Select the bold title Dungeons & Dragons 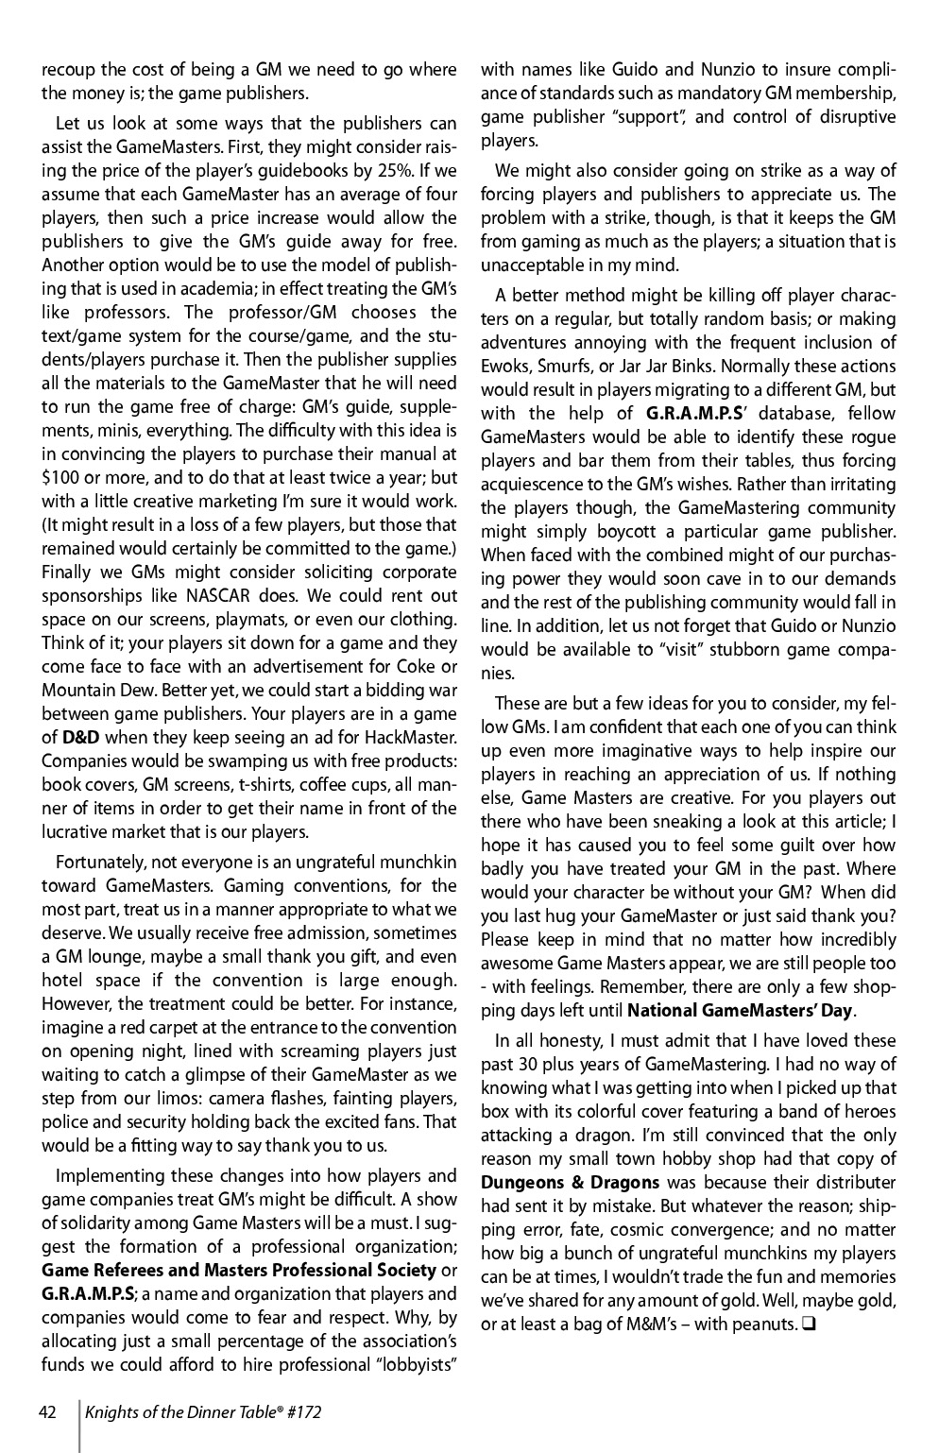click(x=571, y=1182)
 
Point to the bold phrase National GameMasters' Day click(x=740, y=1010)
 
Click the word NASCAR click(x=245, y=595)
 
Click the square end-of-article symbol click(x=809, y=1324)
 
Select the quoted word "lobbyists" click(x=407, y=1364)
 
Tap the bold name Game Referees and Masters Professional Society click(x=239, y=1270)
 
